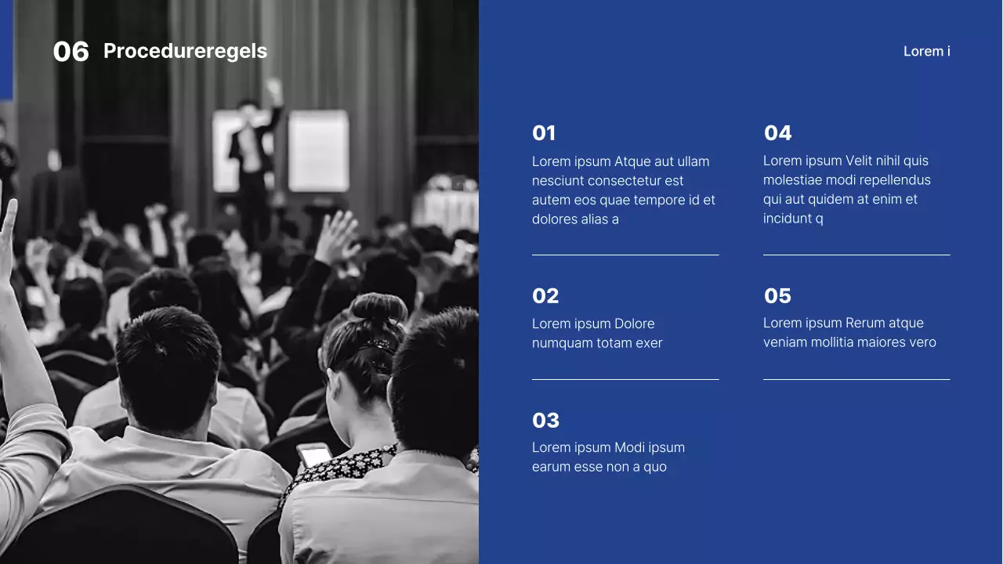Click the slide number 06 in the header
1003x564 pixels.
tap(71, 52)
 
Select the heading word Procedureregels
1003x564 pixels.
tap(185, 52)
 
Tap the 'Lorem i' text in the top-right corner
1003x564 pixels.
tap(926, 52)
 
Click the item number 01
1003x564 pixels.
tap(544, 133)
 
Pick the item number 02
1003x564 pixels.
tap(545, 296)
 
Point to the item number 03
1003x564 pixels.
tap(545, 421)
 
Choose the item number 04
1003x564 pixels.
tap(777, 133)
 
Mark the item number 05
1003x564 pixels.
tap(777, 296)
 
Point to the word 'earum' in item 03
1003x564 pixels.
tap(551, 467)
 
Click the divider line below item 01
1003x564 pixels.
tap(625, 255)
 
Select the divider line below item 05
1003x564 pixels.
tap(856, 379)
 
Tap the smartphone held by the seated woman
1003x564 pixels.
tap(314, 454)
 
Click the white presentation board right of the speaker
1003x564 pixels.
tap(318, 150)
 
